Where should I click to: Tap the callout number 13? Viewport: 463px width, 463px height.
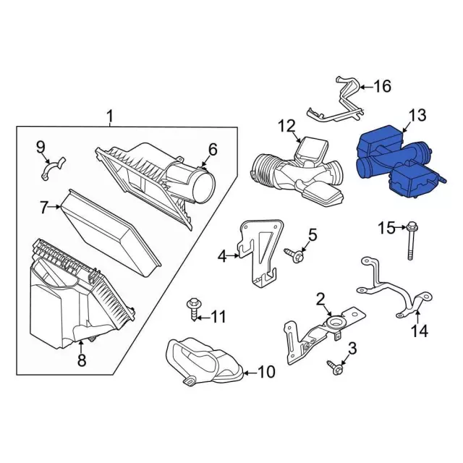pyautogui.click(x=417, y=115)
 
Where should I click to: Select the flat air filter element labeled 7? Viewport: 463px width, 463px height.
pyautogui.click(x=111, y=233)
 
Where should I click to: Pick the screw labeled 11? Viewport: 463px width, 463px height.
pyautogui.click(x=193, y=310)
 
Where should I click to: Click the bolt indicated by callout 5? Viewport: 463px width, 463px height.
pyautogui.click(x=294, y=255)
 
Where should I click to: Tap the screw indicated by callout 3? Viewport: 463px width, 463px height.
pyautogui.click(x=335, y=367)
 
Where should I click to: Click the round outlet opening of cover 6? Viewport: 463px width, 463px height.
pyautogui.click(x=203, y=187)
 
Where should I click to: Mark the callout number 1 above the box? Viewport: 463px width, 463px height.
pyautogui.click(x=110, y=116)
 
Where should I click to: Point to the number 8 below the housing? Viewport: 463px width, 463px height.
pyautogui.click(x=82, y=360)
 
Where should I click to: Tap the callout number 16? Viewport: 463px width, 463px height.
pyautogui.click(x=383, y=86)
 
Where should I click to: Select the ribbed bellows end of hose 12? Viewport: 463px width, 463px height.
pyautogui.click(x=263, y=169)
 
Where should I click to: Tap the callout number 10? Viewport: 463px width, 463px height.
pyautogui.click(x=266, y=372)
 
